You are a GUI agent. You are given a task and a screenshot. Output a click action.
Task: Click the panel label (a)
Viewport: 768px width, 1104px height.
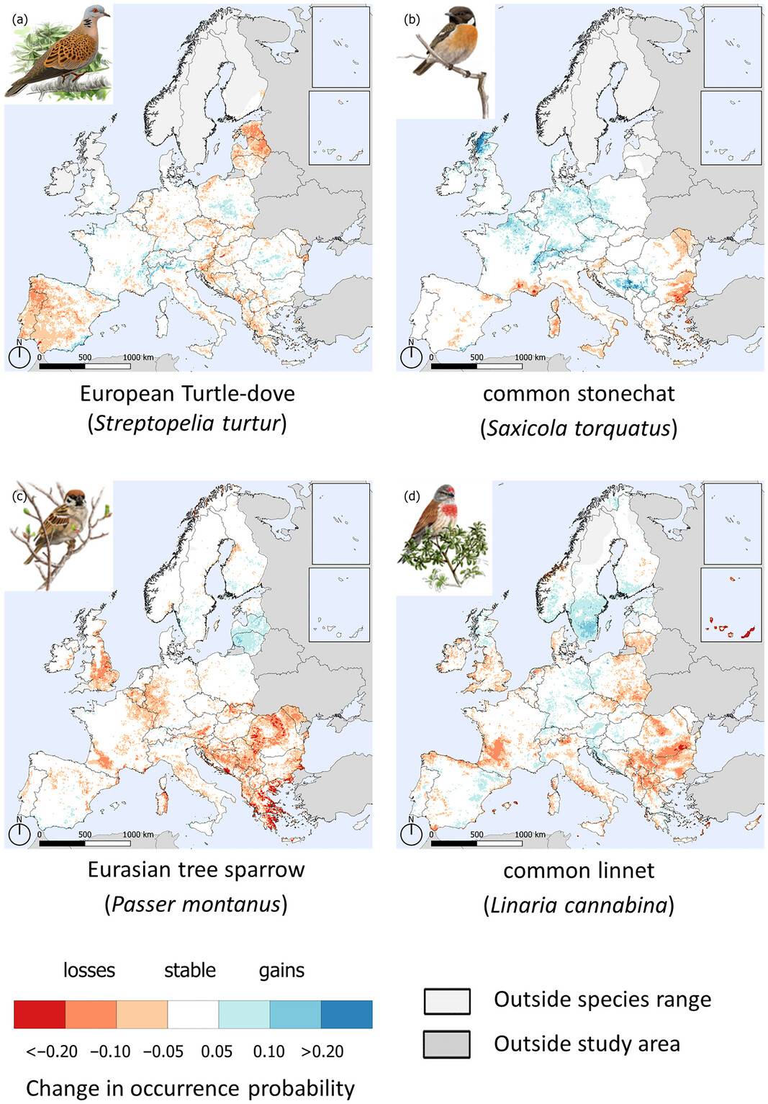[20, 19]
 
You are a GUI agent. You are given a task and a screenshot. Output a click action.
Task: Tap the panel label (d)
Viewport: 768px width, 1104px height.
[412, 496]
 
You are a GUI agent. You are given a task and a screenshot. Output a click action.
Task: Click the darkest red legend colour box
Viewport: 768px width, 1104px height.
[40, 1014]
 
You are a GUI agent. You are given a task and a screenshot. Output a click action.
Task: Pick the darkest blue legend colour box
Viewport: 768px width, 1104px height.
[346, 1014]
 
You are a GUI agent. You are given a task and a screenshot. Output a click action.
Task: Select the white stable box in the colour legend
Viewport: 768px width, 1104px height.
[193, 1014]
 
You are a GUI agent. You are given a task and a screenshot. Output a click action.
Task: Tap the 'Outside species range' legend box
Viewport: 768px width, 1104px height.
[447, 1000]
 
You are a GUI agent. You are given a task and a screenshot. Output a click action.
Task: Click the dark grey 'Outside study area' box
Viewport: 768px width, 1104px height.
[447, 1044]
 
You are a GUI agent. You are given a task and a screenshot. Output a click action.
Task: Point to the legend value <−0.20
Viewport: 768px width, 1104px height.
[52, 1051]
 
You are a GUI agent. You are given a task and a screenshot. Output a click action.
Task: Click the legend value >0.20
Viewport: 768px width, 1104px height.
[322, 1051]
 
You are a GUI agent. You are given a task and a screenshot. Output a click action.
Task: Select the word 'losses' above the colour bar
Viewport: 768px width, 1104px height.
[89, 970]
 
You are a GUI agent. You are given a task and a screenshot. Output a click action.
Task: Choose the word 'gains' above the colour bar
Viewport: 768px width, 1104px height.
[281, 970]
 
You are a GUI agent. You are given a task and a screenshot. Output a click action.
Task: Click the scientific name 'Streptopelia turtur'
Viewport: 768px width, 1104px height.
[187, 423]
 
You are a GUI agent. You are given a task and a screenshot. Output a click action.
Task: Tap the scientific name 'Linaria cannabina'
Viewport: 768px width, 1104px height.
[579, 905]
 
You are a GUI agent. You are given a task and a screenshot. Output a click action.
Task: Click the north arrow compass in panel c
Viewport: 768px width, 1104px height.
[19, 833]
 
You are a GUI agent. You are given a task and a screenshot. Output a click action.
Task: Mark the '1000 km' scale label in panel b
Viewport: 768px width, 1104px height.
[530, 357]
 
